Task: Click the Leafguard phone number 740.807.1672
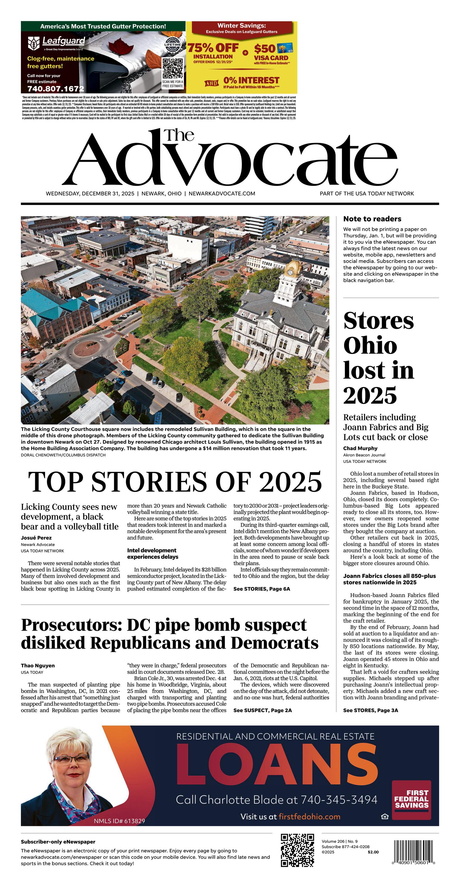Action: (x=55, y=89)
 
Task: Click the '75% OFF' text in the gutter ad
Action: (x=213, y=48)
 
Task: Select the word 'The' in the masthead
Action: (x=179, y=135)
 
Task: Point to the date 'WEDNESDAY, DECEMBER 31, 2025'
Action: (x=90, y=194)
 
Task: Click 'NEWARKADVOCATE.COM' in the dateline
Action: (x=222, y=194)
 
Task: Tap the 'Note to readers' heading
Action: (x=372, y=219)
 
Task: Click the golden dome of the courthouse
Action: (x=294, y=267)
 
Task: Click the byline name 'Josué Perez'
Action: (x=36, y=538)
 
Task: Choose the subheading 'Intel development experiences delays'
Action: (x=152, y=554)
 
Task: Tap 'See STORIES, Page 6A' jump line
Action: (x=262, y=589)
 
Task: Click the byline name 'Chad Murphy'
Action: (x=360, y=448)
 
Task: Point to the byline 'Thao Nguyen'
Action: (x=38, y=665)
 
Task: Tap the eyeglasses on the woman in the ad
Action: (x=71, y=759)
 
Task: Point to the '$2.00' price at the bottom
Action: (x=373, y=852)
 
